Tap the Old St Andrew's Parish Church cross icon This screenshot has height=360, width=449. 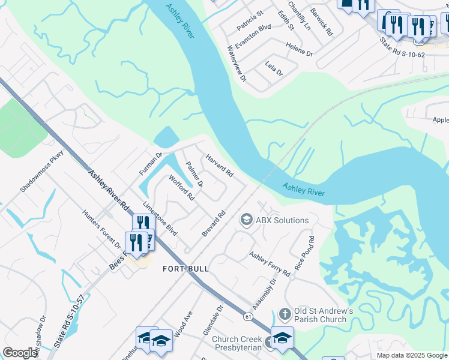pyautogui.click(x=285, y=314)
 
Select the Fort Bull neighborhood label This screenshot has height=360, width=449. pyautogui.click(x=186, y=269)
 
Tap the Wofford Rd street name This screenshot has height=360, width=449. pyautogui.click(x=182, y=187)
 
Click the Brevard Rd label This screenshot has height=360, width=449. pyautogui.click(x=214, y=223)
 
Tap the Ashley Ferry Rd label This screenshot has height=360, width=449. pyautogui.click(x=270, y=264)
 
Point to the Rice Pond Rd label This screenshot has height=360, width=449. pyautogui.click(x=304, y=252)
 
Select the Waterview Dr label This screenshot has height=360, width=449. pyautogui.click(x=237, y=63)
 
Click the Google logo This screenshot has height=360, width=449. pyautogui.click(x=20, y=353)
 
